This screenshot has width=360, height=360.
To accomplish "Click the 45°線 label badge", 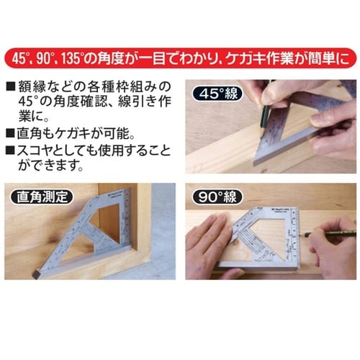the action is [218, 94].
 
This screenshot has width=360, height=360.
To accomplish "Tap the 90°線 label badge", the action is [218, 197].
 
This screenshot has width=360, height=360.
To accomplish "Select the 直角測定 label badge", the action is [42, 197].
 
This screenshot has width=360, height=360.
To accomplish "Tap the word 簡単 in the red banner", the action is [322, 59].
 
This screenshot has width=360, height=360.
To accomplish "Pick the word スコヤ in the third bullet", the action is [37, 150].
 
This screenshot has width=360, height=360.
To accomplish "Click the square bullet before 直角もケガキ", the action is [11, 133].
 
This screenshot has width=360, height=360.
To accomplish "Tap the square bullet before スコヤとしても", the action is [11, 150].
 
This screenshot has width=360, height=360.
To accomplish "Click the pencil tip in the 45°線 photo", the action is [261, 135].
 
